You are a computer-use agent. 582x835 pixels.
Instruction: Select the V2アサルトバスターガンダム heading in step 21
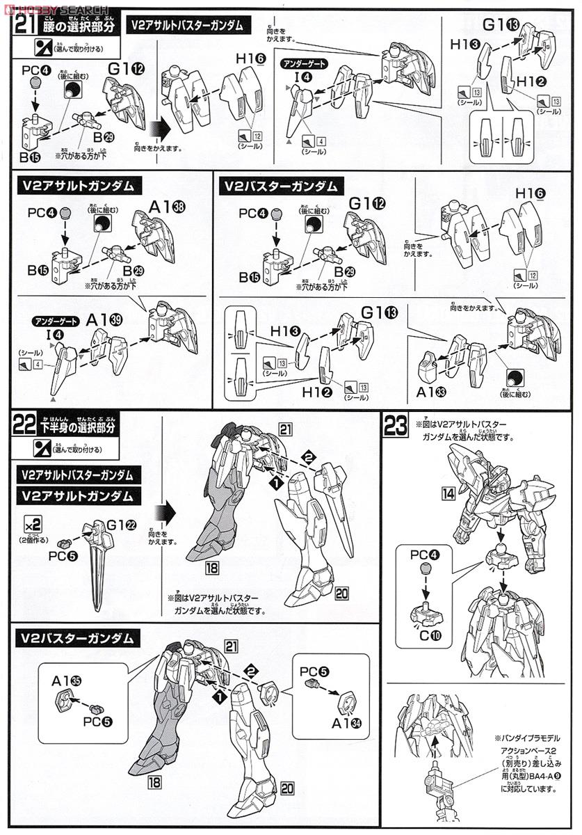tap(186, 26)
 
